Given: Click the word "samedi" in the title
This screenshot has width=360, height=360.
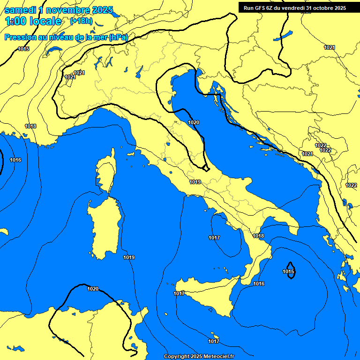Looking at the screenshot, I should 20,10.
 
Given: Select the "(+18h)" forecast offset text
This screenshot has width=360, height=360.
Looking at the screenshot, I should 81,21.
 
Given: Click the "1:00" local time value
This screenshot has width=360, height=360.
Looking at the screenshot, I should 16,21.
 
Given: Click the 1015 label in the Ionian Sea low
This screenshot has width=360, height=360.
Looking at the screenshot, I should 289,271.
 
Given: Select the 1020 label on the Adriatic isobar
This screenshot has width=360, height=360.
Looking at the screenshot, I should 194,122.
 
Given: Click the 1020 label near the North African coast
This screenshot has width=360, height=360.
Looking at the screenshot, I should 93,289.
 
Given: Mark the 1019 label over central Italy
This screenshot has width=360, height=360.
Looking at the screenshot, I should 195,182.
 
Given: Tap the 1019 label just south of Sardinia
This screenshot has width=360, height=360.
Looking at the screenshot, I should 129,257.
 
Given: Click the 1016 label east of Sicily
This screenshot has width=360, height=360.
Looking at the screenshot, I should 259,284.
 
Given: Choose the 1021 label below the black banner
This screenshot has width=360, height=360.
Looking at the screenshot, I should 330,47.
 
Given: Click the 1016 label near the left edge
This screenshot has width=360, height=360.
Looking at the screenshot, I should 15,160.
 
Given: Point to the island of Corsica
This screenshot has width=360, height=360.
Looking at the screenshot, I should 106,172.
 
